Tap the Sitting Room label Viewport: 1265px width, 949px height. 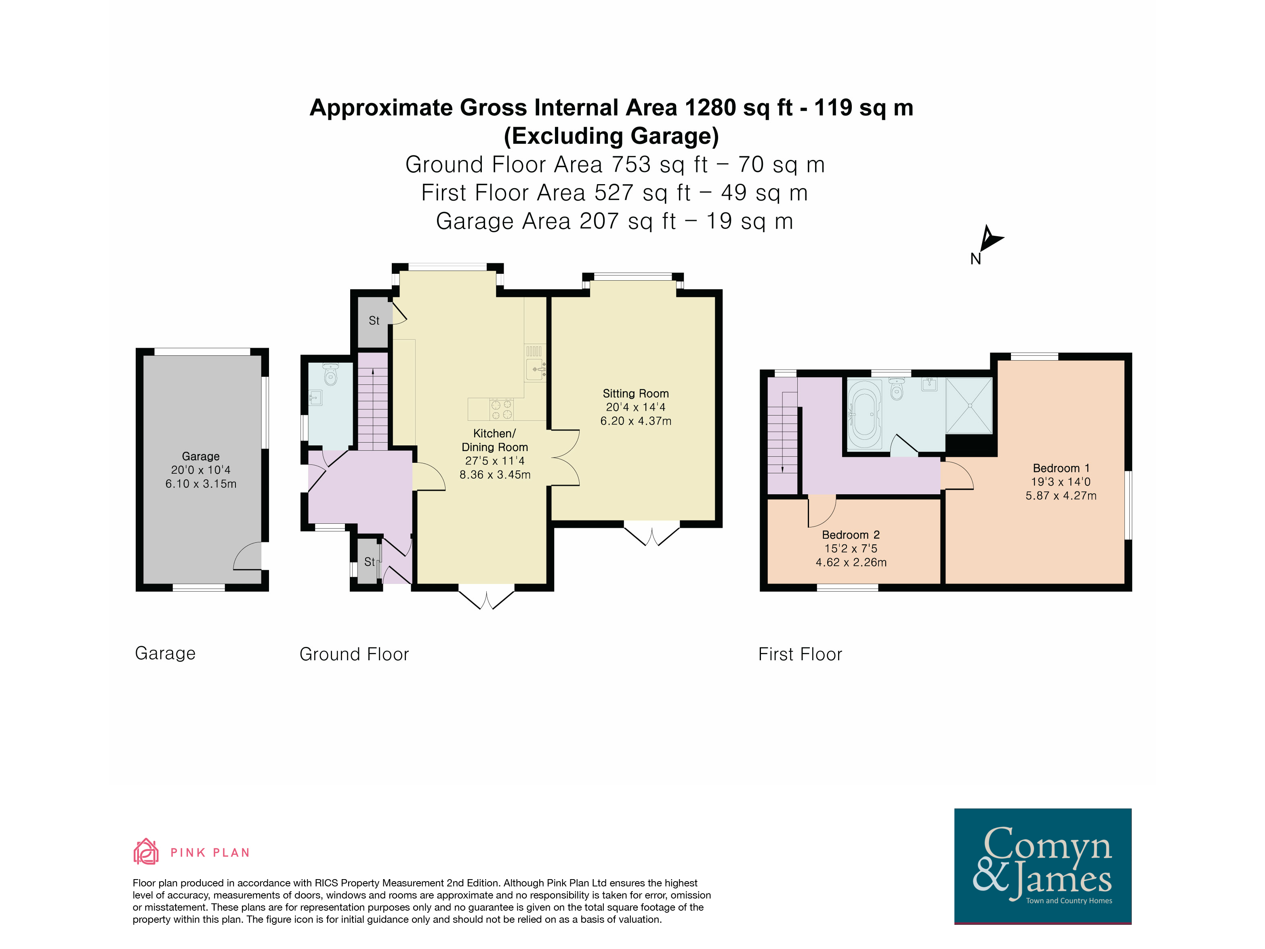click(635, 393)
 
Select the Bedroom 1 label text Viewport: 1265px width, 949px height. click(1061, 468)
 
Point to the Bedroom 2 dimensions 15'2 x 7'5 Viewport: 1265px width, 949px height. click(850, 548)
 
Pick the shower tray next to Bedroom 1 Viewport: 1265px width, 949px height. click(969, 406)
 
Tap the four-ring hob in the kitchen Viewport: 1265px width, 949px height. click(501, 409)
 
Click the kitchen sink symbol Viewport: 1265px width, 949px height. click(535, 370)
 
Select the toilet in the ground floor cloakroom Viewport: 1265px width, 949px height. click(330, 374)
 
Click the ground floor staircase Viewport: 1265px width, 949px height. click(373, 401)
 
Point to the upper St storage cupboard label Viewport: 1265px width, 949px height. click(374, 321)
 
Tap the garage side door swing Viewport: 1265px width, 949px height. click(247, 556)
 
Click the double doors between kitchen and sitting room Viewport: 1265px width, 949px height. click(565, 458)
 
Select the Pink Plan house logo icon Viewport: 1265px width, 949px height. click(146, 851)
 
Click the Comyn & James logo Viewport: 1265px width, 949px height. click(1042, 866)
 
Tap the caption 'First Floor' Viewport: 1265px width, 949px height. click(800, 654)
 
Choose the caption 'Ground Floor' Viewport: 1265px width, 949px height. click(354, 654)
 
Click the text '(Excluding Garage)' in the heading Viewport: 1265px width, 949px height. click(611, 136)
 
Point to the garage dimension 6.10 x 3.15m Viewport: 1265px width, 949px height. click(201, 484)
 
